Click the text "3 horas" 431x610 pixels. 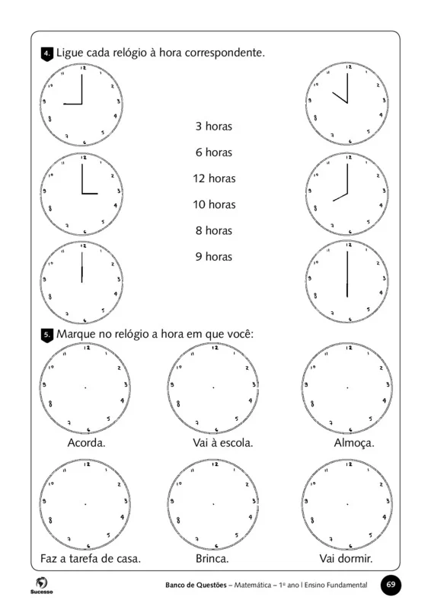(213, 127)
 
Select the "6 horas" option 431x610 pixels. (213, 152)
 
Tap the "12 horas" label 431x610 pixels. (213, 178)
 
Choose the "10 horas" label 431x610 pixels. (213, 204)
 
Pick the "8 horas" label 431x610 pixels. (213, 230)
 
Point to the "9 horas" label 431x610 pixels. (213, 256)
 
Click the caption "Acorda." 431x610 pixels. (86, 443)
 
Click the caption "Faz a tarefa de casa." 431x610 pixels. (91, 559)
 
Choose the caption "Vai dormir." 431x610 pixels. (346, 559)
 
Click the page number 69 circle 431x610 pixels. (391, 584)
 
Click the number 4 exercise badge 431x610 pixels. (46, 54)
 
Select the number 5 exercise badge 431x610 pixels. (46, 335)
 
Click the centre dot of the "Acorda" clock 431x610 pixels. (85, 388)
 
